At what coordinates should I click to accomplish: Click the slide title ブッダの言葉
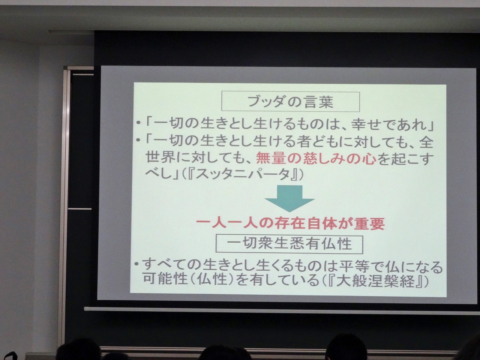pyautogui.click(x=290, y=102)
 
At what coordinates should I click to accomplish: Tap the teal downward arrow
pyautogui.click(x=289, y=198)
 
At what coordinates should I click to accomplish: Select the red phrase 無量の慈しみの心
pyautogui.click(x=316, y=158)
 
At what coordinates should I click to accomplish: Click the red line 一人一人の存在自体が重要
pyautogui.click(x=290, y=223)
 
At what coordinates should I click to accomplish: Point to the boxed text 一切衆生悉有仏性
pyautogui.click(x=289, y=244)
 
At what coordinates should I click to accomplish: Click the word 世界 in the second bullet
pyautogui.click(x=160, y=158)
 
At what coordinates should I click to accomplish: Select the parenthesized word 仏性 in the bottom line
pyautogui.click(x=211, y=280)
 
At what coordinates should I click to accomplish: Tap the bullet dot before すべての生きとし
pyautogui.click(x=136, y=265)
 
